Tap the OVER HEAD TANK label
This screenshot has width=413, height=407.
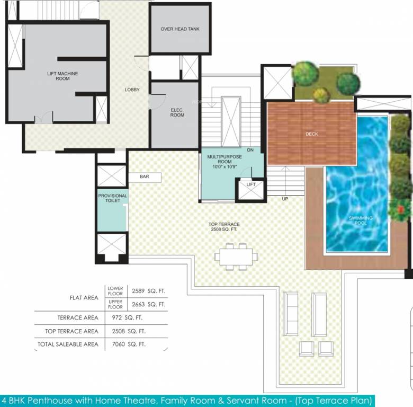point(180,29)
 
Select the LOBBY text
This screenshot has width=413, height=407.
point(132,90)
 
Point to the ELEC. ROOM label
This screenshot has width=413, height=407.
point(177,112)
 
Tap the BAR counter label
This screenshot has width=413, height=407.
point(144,176)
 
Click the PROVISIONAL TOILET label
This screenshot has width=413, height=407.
point(112,199)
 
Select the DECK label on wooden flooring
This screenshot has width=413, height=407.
point(312,134)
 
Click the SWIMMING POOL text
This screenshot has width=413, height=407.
point(360,220)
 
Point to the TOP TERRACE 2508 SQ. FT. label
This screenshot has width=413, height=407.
point(224,227)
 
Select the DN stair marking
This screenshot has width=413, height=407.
point(250,151)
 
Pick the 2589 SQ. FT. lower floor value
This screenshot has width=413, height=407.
point(149,290)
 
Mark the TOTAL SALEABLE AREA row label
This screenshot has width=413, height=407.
point(67,344)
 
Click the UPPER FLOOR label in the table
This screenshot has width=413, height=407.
point(115,304)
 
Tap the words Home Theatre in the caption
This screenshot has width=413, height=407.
point(113,400)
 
